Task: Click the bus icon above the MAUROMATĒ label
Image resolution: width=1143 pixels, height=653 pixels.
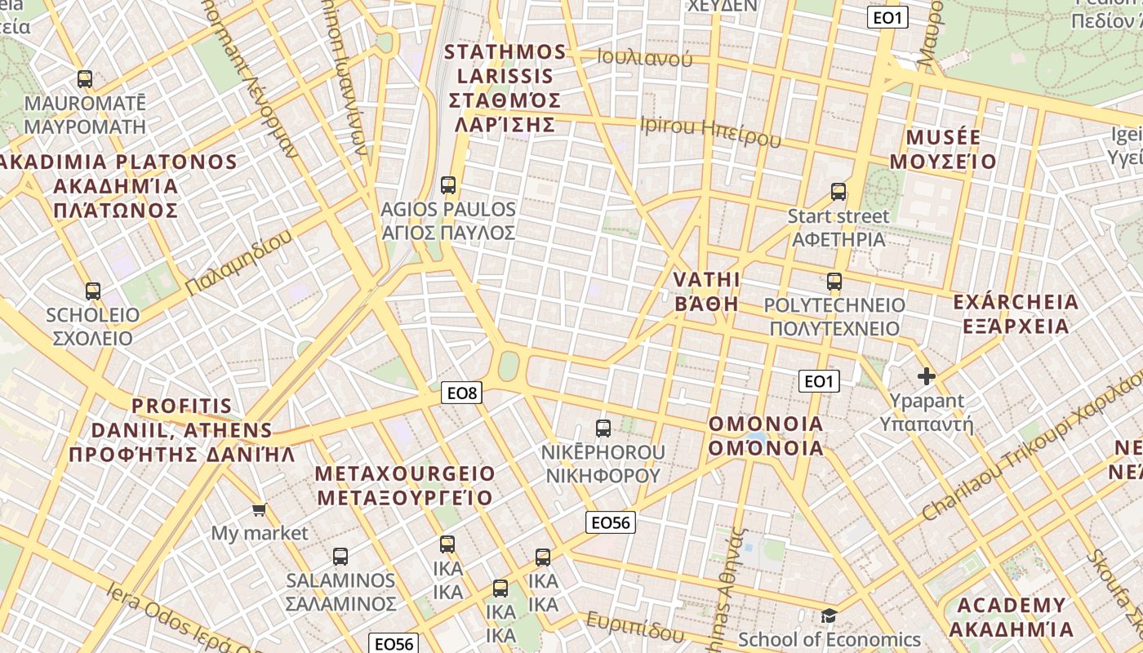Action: pyautogui.click(x=85, y=79)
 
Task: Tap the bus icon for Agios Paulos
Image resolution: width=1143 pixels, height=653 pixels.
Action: pyautogui.click(x=447, y=185)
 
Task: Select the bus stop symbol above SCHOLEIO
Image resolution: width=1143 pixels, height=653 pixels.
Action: pyautogui.click(x=93, y=291)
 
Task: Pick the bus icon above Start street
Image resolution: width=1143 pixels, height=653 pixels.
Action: pyautogui.click(x=838, y=193)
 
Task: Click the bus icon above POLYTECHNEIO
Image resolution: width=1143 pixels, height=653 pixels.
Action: pyautogui.click(x=834, y=282)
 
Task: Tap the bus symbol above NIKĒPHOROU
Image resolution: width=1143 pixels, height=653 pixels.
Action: pyautogui.click(x=603, y=429)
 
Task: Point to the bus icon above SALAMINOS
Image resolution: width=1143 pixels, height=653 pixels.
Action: pyautogui.click(x=340, y=557)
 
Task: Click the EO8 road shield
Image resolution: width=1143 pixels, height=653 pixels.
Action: pyautogui.click(x=461, y=393)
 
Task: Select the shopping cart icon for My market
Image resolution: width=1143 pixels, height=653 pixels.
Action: pyautogui.click(x=260, y=510)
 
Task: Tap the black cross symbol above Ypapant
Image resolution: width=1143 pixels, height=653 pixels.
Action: pyautogui.click(x=926, y=376)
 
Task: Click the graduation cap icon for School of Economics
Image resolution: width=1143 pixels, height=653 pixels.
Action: pyautogui.click(x=829, y=616)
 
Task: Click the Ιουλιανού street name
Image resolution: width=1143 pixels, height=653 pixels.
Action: pyautogui.click(x=645, y=57)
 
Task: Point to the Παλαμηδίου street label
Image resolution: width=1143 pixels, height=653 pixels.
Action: pyautogui.click(x=238, y=263)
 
